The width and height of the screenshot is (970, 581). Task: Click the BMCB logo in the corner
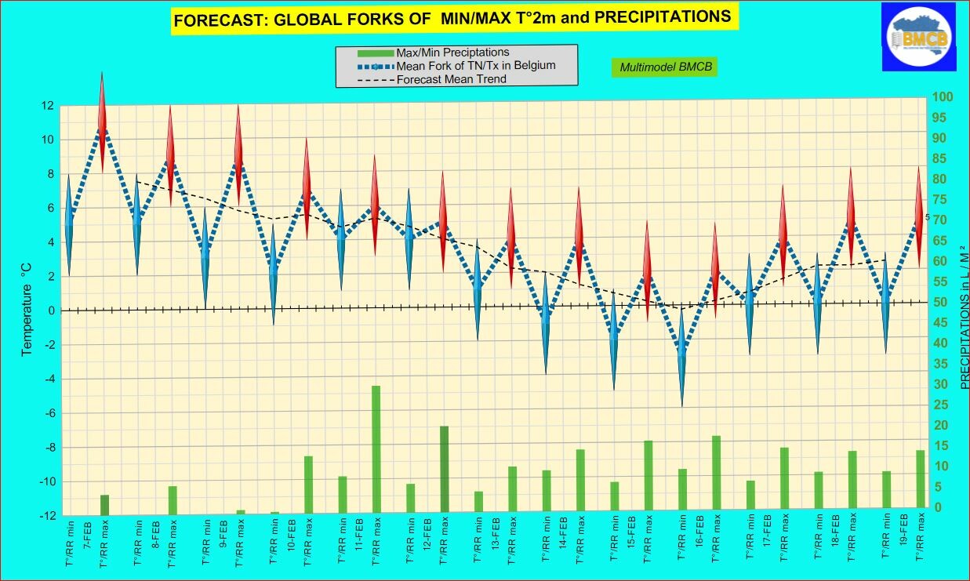tap(918, 36)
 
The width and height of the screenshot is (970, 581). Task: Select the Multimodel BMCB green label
tap(665, 67)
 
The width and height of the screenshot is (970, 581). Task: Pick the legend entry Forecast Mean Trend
tap(451, 79)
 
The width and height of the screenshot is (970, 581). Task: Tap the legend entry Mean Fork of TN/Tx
tap(475, 65)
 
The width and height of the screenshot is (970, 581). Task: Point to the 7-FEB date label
tap(87, 530)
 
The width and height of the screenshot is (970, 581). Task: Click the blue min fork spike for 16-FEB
tap(682, 357)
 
